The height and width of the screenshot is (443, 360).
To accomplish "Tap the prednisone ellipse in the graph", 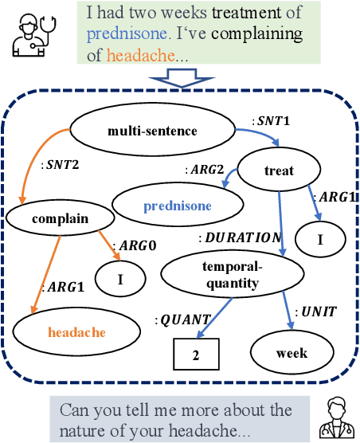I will point(178,206).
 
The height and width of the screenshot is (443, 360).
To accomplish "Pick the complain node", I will point(49,217).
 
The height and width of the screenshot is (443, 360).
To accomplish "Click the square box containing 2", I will point(196,355).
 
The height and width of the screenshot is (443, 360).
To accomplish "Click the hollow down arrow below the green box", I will point(179,78).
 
